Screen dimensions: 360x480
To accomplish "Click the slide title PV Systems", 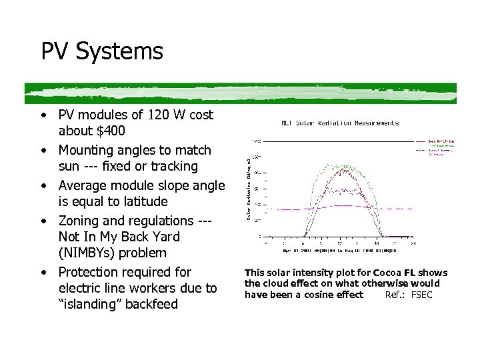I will [102, 51].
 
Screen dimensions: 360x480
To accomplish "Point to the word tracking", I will [174, 166].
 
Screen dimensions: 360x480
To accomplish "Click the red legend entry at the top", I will [437, 141].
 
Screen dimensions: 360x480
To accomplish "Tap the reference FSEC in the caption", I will [422, 295].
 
